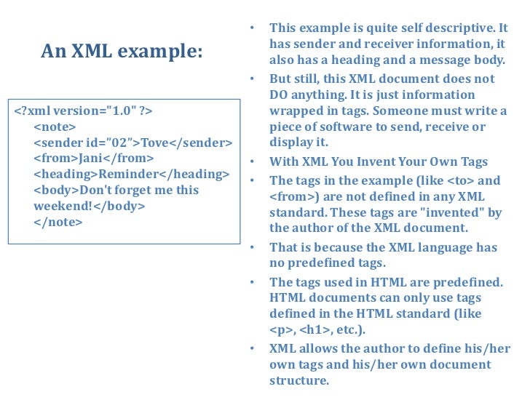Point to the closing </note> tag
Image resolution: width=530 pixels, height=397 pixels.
pos(58,222)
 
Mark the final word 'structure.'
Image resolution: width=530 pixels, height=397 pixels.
pos(299,380)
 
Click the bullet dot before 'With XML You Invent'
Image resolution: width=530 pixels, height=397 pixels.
pos(250,162)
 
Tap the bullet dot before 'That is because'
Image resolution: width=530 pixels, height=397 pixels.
pos(250,247)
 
